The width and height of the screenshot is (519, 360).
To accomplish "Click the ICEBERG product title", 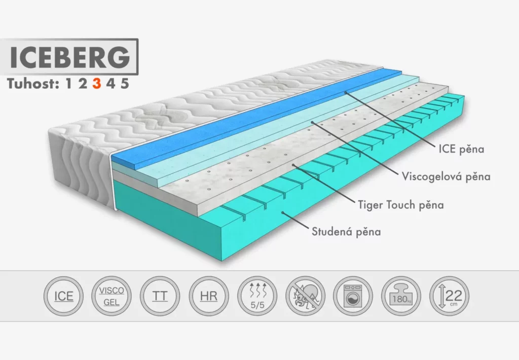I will (x=69, y=57).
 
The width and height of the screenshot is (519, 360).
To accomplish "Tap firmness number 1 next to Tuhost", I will (x=69, y=84).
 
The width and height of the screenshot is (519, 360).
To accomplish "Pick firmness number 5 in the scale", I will (x=125, y=84).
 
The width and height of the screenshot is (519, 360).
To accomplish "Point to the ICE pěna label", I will (x=461, y=150).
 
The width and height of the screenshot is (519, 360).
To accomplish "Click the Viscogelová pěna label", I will (x=446, y=177).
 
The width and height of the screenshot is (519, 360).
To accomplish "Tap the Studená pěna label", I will (x=346, y=232).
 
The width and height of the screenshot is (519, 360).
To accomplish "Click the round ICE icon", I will (x=64, y=296).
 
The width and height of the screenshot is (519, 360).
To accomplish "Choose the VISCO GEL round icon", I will (x=112, y=296).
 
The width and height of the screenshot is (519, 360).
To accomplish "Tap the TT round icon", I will (x=160, y=296).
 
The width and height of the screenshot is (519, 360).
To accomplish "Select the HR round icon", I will (x=208, y=296).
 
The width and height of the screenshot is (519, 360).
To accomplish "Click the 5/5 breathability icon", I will (x=257, y=296).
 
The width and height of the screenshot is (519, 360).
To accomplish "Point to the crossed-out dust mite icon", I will (x=305, y=296).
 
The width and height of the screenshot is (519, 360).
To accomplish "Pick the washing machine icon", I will (x=353, y=296).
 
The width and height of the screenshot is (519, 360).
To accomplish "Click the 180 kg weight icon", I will (x=401, y=296).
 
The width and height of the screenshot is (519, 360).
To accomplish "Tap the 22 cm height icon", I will (x=449, y=296).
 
